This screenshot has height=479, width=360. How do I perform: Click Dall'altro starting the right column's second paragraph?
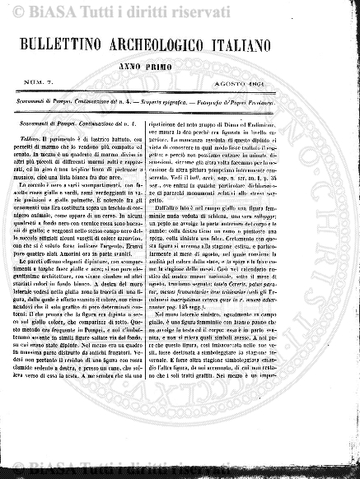209,209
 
